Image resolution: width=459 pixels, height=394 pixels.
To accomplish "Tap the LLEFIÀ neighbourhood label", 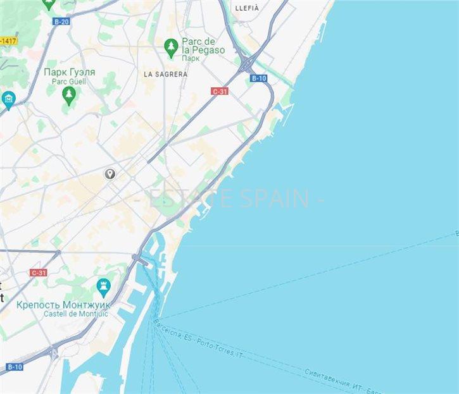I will tap(247, 8).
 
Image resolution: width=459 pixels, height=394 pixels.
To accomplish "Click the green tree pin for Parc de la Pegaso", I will tap(170, 46).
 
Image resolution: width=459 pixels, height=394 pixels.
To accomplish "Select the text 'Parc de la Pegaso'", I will tap(203, 46).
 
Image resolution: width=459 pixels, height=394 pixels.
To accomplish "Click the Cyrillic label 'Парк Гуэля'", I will tap(70, 72).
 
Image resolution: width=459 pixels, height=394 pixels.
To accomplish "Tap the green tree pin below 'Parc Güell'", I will tap(69, 95).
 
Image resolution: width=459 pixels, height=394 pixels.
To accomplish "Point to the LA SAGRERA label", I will tap(165, 74).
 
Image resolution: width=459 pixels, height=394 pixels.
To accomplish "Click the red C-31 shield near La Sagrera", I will tap(220, 92).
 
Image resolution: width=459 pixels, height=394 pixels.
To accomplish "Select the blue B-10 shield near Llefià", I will tap(258, 78).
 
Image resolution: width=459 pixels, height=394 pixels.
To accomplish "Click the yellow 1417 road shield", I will tap(8, 41).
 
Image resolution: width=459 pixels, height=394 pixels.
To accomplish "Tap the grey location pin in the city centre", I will tap(110, 173).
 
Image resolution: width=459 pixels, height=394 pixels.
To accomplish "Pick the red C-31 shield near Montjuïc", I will tap(38, 273).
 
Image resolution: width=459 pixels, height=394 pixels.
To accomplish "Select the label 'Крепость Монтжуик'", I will tap(63, 304).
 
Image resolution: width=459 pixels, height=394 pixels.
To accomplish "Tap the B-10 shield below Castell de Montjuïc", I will tap(15, 367).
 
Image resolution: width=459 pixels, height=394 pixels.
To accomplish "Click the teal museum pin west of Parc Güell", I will tap(8, 99).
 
